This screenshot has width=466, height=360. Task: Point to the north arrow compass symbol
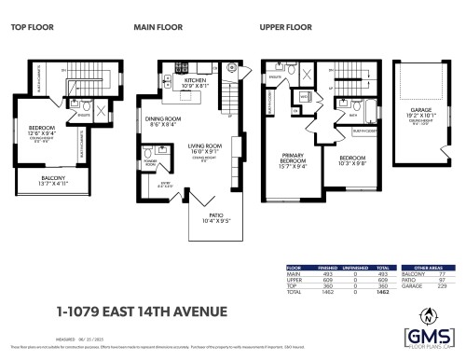pos(430,314)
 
